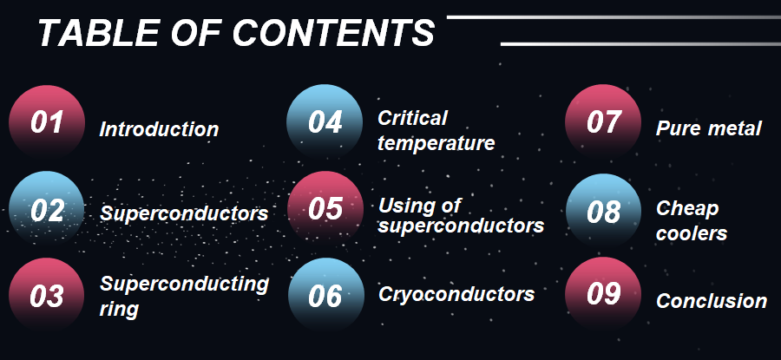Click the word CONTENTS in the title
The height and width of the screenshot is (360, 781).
click(x=333, y=33)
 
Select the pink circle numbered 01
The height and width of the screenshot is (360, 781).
click(x=47, y=122)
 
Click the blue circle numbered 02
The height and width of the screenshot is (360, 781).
click(x=47, y=209)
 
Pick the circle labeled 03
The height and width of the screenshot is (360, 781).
click(x=47, y=295)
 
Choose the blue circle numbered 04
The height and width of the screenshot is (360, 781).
click(x=325, y=122)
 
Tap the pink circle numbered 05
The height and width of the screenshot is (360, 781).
click(x=325, y=209)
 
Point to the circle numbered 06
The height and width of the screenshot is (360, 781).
click(x=325, y=295)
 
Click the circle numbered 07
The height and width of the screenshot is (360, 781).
click(x=603, y=122)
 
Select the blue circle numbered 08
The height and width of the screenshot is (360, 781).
click(x=604, y=211)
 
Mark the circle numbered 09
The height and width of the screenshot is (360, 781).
click(x=603, y=295)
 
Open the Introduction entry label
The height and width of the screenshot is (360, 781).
click(x=159, y=129)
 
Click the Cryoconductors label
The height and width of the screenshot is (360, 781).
click(x=456, y=294)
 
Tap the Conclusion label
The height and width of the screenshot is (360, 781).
click(x=712, y=301)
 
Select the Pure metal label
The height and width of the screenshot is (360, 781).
click(x=709, y=128)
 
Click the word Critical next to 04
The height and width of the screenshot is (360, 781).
click(x=412, y=118)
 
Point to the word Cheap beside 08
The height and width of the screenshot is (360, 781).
click(x=687, y=209)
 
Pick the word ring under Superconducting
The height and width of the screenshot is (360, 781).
click(x=119, y=310)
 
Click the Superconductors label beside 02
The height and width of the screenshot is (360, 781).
click(x=184, y=213)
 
